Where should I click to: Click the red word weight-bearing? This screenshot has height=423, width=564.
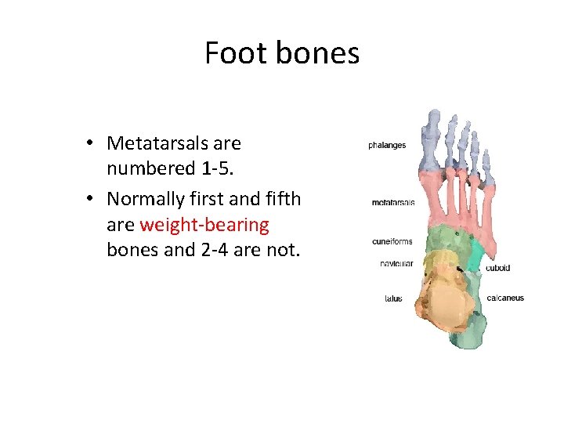pyautogui.click(x=204, y=226)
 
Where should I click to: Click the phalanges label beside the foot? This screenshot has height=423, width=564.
pyautogui.click(x=387, y=146)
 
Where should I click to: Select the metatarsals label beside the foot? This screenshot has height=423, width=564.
pyautogui.click(x=392, y=203)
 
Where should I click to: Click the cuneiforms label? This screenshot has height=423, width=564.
pyautogui.click(x=392, y=241)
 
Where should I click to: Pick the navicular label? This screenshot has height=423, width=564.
pyautogui.click(x=396, y=264)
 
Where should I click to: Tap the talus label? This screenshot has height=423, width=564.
pyautogui.click(x=393, y=298)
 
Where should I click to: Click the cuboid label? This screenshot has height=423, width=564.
pyautogui.click(x=497, y=268)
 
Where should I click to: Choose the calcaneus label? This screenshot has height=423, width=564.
pyautogui.click(x=505, y=298)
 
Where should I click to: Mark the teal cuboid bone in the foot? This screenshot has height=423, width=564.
pyautogui.click(x=476, y=255)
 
